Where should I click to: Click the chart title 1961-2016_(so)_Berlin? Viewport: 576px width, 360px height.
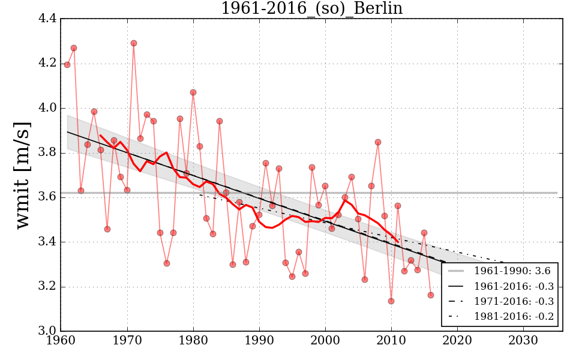coord(311,8)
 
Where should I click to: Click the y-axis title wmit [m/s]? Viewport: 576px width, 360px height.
coord(23,174)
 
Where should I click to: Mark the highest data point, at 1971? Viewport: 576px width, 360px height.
coord(134,43)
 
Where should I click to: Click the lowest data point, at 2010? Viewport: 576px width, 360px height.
coord(391,301)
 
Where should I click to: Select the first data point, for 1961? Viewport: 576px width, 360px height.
coord(67,65)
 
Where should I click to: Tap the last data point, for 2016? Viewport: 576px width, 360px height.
coord(431,295)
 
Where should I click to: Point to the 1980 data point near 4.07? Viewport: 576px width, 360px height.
coord(193,92)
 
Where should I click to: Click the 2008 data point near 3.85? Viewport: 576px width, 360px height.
coord(378,142)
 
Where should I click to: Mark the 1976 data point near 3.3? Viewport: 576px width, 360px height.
coord(167,263)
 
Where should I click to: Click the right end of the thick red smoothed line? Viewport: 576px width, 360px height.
coord(398,241)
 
